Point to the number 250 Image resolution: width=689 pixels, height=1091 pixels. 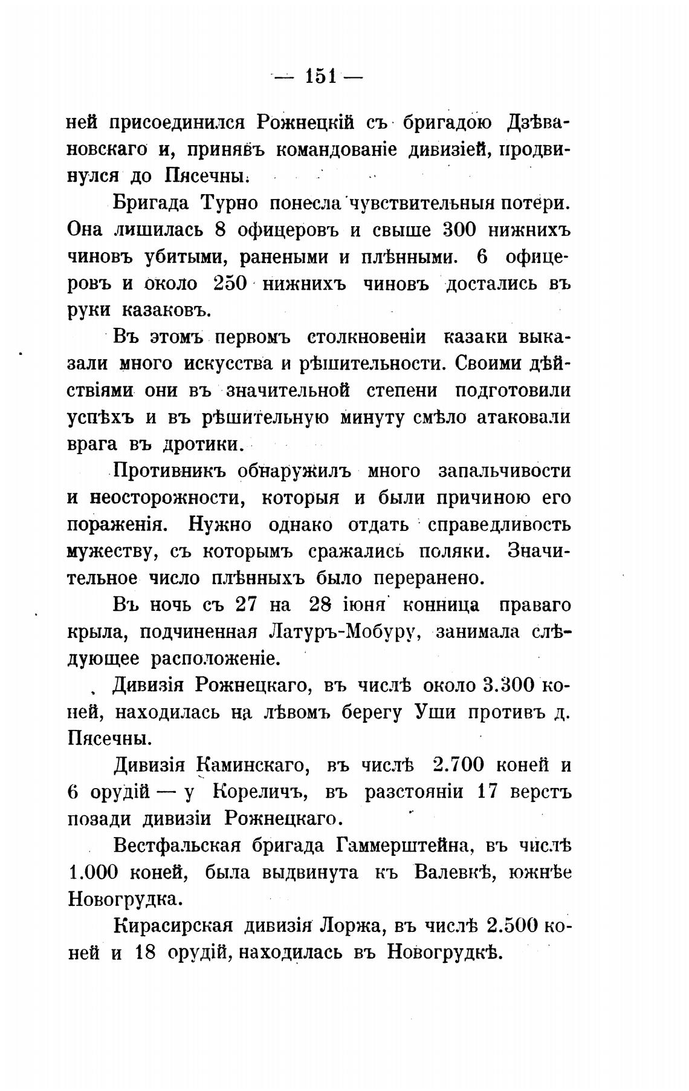pos(230,284)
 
